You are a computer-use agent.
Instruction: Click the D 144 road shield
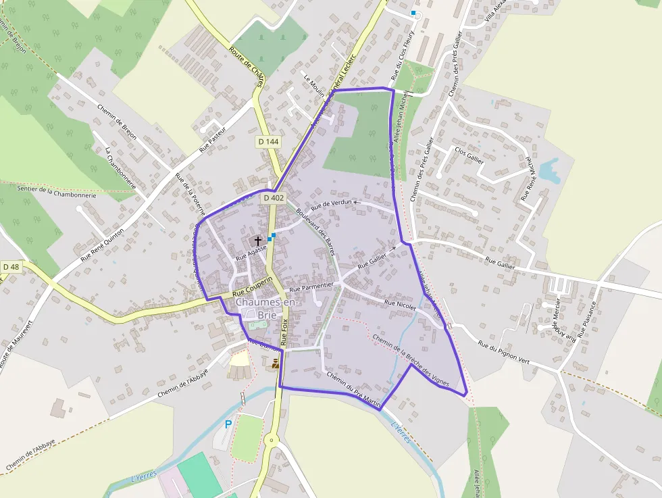click(268, 142)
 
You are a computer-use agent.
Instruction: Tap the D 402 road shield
click(274, 198)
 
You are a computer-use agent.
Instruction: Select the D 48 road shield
click(11, 267)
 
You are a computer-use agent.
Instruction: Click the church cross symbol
click(257, 240)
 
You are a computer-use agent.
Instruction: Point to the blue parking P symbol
click(228, 424)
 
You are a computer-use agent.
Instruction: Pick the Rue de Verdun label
click(332, 203)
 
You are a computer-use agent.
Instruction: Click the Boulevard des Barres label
click(315, 230)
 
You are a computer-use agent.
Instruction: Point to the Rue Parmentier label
click(311, 287)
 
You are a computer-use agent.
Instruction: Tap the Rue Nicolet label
click(399, 305)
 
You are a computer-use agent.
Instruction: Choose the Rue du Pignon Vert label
click(504, 353)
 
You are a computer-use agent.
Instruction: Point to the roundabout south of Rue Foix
click(272, 442)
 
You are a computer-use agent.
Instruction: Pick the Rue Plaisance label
click(586, 318)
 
